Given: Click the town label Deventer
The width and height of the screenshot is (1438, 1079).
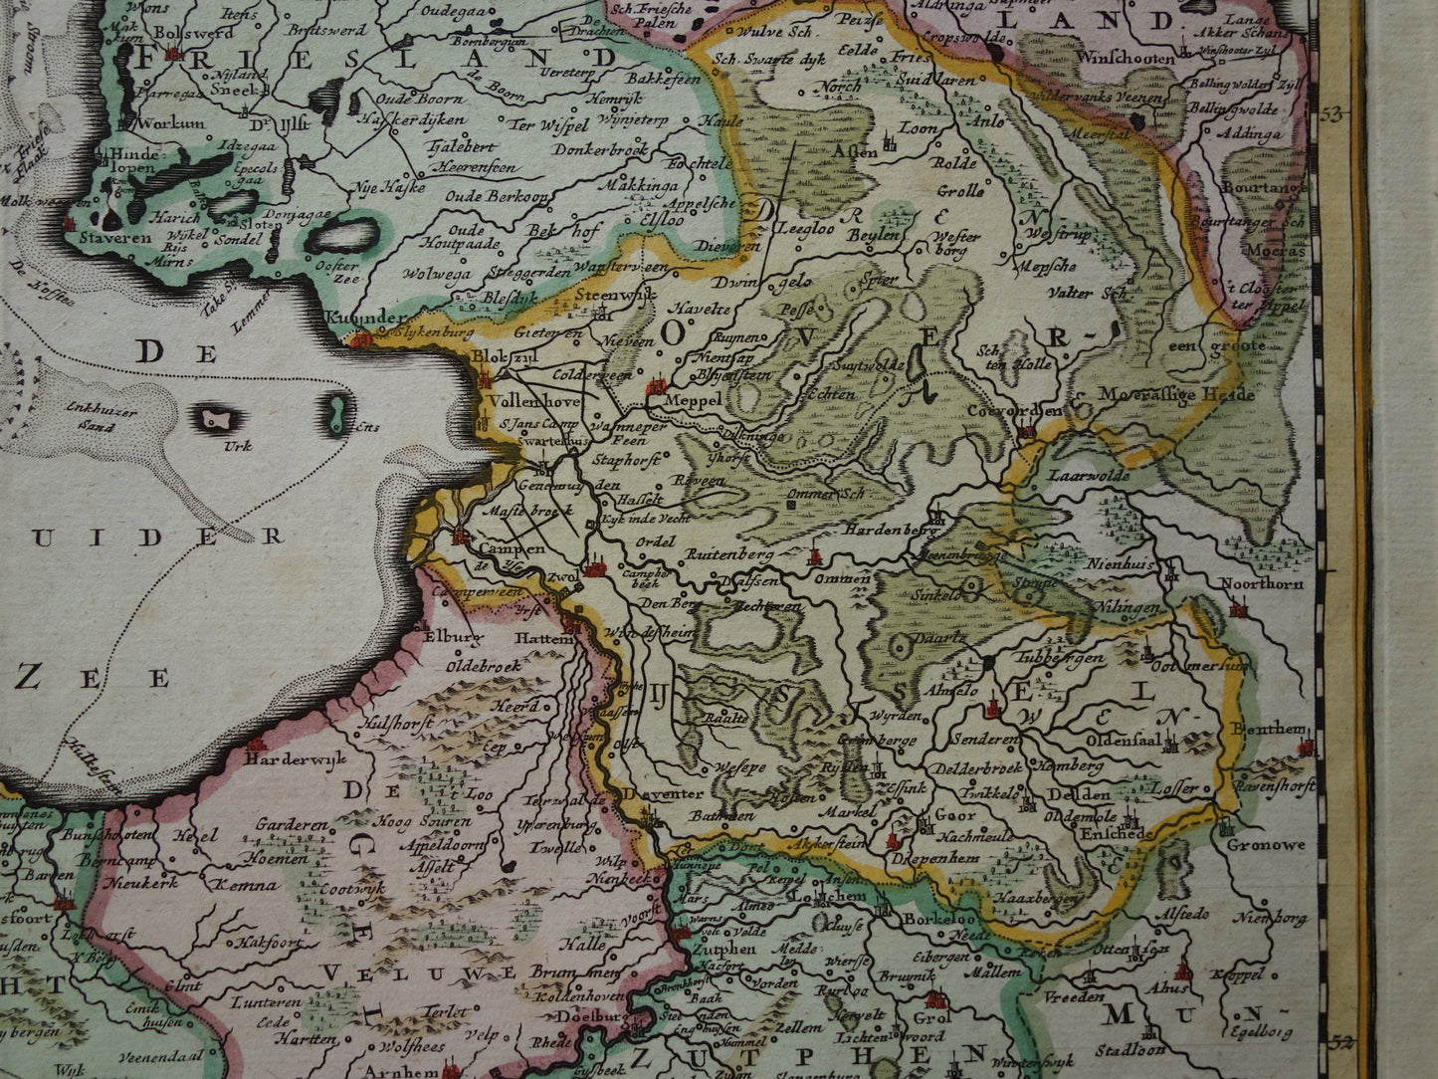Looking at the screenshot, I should tap(665, 793).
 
